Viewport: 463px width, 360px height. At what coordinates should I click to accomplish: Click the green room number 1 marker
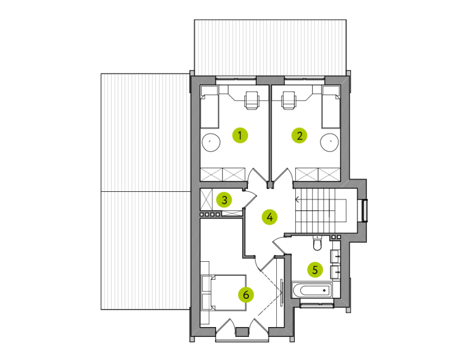(240, 135)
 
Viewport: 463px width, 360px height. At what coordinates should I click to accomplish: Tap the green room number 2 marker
(299, 136)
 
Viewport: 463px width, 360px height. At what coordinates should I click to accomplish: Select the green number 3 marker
(224, 200)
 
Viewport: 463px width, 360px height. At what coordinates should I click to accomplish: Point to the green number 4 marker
(270, 217)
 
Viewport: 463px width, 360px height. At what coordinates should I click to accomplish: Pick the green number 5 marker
(315, 270)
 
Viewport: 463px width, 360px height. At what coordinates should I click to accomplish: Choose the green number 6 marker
(246, 295)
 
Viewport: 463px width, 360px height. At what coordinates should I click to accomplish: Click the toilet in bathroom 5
(317, 243)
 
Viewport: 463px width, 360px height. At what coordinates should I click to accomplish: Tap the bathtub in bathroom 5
(312, 290)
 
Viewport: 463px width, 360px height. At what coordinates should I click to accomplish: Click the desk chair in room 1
(252, 101)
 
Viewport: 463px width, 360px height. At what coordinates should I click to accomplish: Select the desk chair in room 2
(288, 101)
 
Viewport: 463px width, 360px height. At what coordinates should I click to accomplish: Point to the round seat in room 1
(211, 142)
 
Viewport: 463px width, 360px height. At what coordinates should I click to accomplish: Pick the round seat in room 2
(330, 142)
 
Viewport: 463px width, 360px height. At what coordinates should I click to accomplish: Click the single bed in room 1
(209, 107)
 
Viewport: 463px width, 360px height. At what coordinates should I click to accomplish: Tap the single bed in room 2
(331, 107)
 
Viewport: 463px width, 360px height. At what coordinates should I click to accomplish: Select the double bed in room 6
(224, 293)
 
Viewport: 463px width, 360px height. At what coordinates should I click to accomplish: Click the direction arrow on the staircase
(298, 200)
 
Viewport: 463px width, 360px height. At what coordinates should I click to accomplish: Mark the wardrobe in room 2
(318, 174)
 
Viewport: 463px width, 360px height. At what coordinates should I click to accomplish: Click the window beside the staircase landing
(365, 210)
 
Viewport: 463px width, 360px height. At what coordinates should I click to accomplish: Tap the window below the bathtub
(317, 304)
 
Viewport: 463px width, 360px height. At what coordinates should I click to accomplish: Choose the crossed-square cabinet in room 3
(206, 199)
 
